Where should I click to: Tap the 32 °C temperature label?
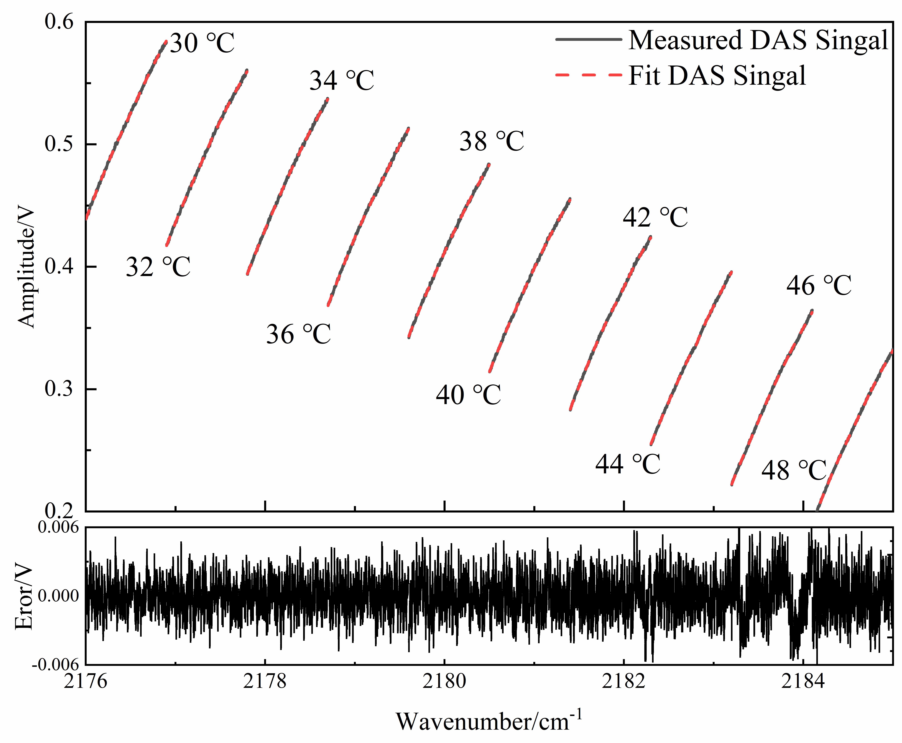point(158,267)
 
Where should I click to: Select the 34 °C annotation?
point(342,80)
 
